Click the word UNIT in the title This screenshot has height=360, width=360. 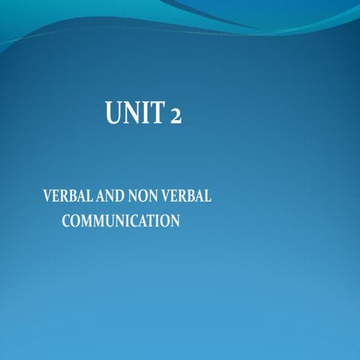(x=133, y=115)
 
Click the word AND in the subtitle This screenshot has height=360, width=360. (x=112, y=197)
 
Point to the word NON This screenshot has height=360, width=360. (x=145, y=197)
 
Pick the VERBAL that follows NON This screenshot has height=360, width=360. (x=188, y=197)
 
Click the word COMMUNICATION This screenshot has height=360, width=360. (x=120, y=221)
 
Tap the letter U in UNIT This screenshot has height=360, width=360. (x=115, y=115)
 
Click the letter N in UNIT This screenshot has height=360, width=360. (x=131, y=115)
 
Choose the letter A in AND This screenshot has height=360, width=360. (x=103, y=197)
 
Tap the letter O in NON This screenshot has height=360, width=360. (x=145, y=197)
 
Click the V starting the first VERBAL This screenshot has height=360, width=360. (x=48, y=197)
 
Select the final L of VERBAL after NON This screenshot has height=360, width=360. (x=208, y=197)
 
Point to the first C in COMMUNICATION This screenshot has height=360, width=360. (x=66, y=221)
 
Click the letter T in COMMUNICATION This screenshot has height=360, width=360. (x=150, y=221)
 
